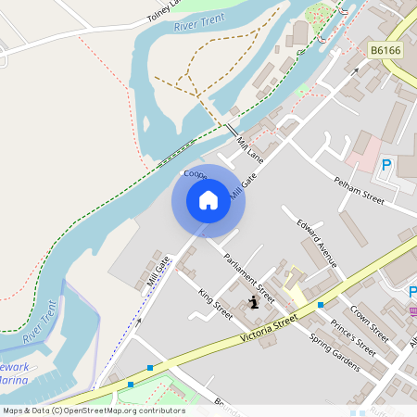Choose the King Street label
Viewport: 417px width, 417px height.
[215, 303]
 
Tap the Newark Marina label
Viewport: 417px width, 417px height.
[14, 373]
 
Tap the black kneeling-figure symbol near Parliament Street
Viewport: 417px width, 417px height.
[254, 302]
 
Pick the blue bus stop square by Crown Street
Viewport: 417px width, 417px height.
[321, 304]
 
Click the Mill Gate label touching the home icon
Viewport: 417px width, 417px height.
[240, 186]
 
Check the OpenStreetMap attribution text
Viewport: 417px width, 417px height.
[93, 411]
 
